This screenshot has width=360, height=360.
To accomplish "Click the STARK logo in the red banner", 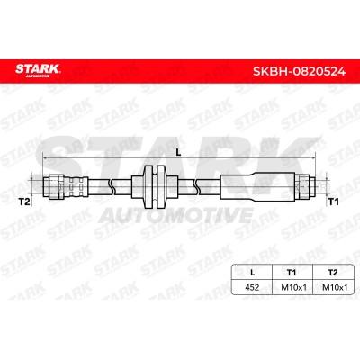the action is tap(38, 70).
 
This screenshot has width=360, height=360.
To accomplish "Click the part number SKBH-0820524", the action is tap(299, 72).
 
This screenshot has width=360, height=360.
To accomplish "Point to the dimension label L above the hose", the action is tap(178, 153).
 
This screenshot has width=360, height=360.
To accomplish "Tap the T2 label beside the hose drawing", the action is tap(24, 202).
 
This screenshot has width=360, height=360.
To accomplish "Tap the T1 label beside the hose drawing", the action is tap(332, 202).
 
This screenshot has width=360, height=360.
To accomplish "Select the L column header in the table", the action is tap(252, 273).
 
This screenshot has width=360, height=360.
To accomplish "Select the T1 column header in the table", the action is tap(292, 273).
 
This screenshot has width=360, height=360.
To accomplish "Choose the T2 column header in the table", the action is tap(333, 273).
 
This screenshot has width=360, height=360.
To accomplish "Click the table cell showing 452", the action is tap(252, 287).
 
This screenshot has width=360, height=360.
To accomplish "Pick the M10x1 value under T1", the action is tap(293, 287).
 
